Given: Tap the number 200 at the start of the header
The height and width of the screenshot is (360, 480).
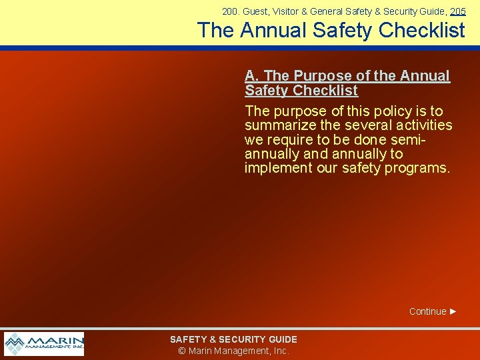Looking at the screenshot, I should coord(230,11).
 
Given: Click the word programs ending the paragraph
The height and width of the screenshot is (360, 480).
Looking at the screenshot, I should coord(421,168).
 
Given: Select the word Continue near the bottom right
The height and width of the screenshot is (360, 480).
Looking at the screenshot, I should coord(427,311).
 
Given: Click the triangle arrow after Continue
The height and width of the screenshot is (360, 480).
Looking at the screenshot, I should coord(453,311).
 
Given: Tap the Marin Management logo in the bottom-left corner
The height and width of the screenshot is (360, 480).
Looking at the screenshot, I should coord(44,343).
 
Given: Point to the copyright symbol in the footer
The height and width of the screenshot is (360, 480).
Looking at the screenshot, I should coord(182,351).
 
